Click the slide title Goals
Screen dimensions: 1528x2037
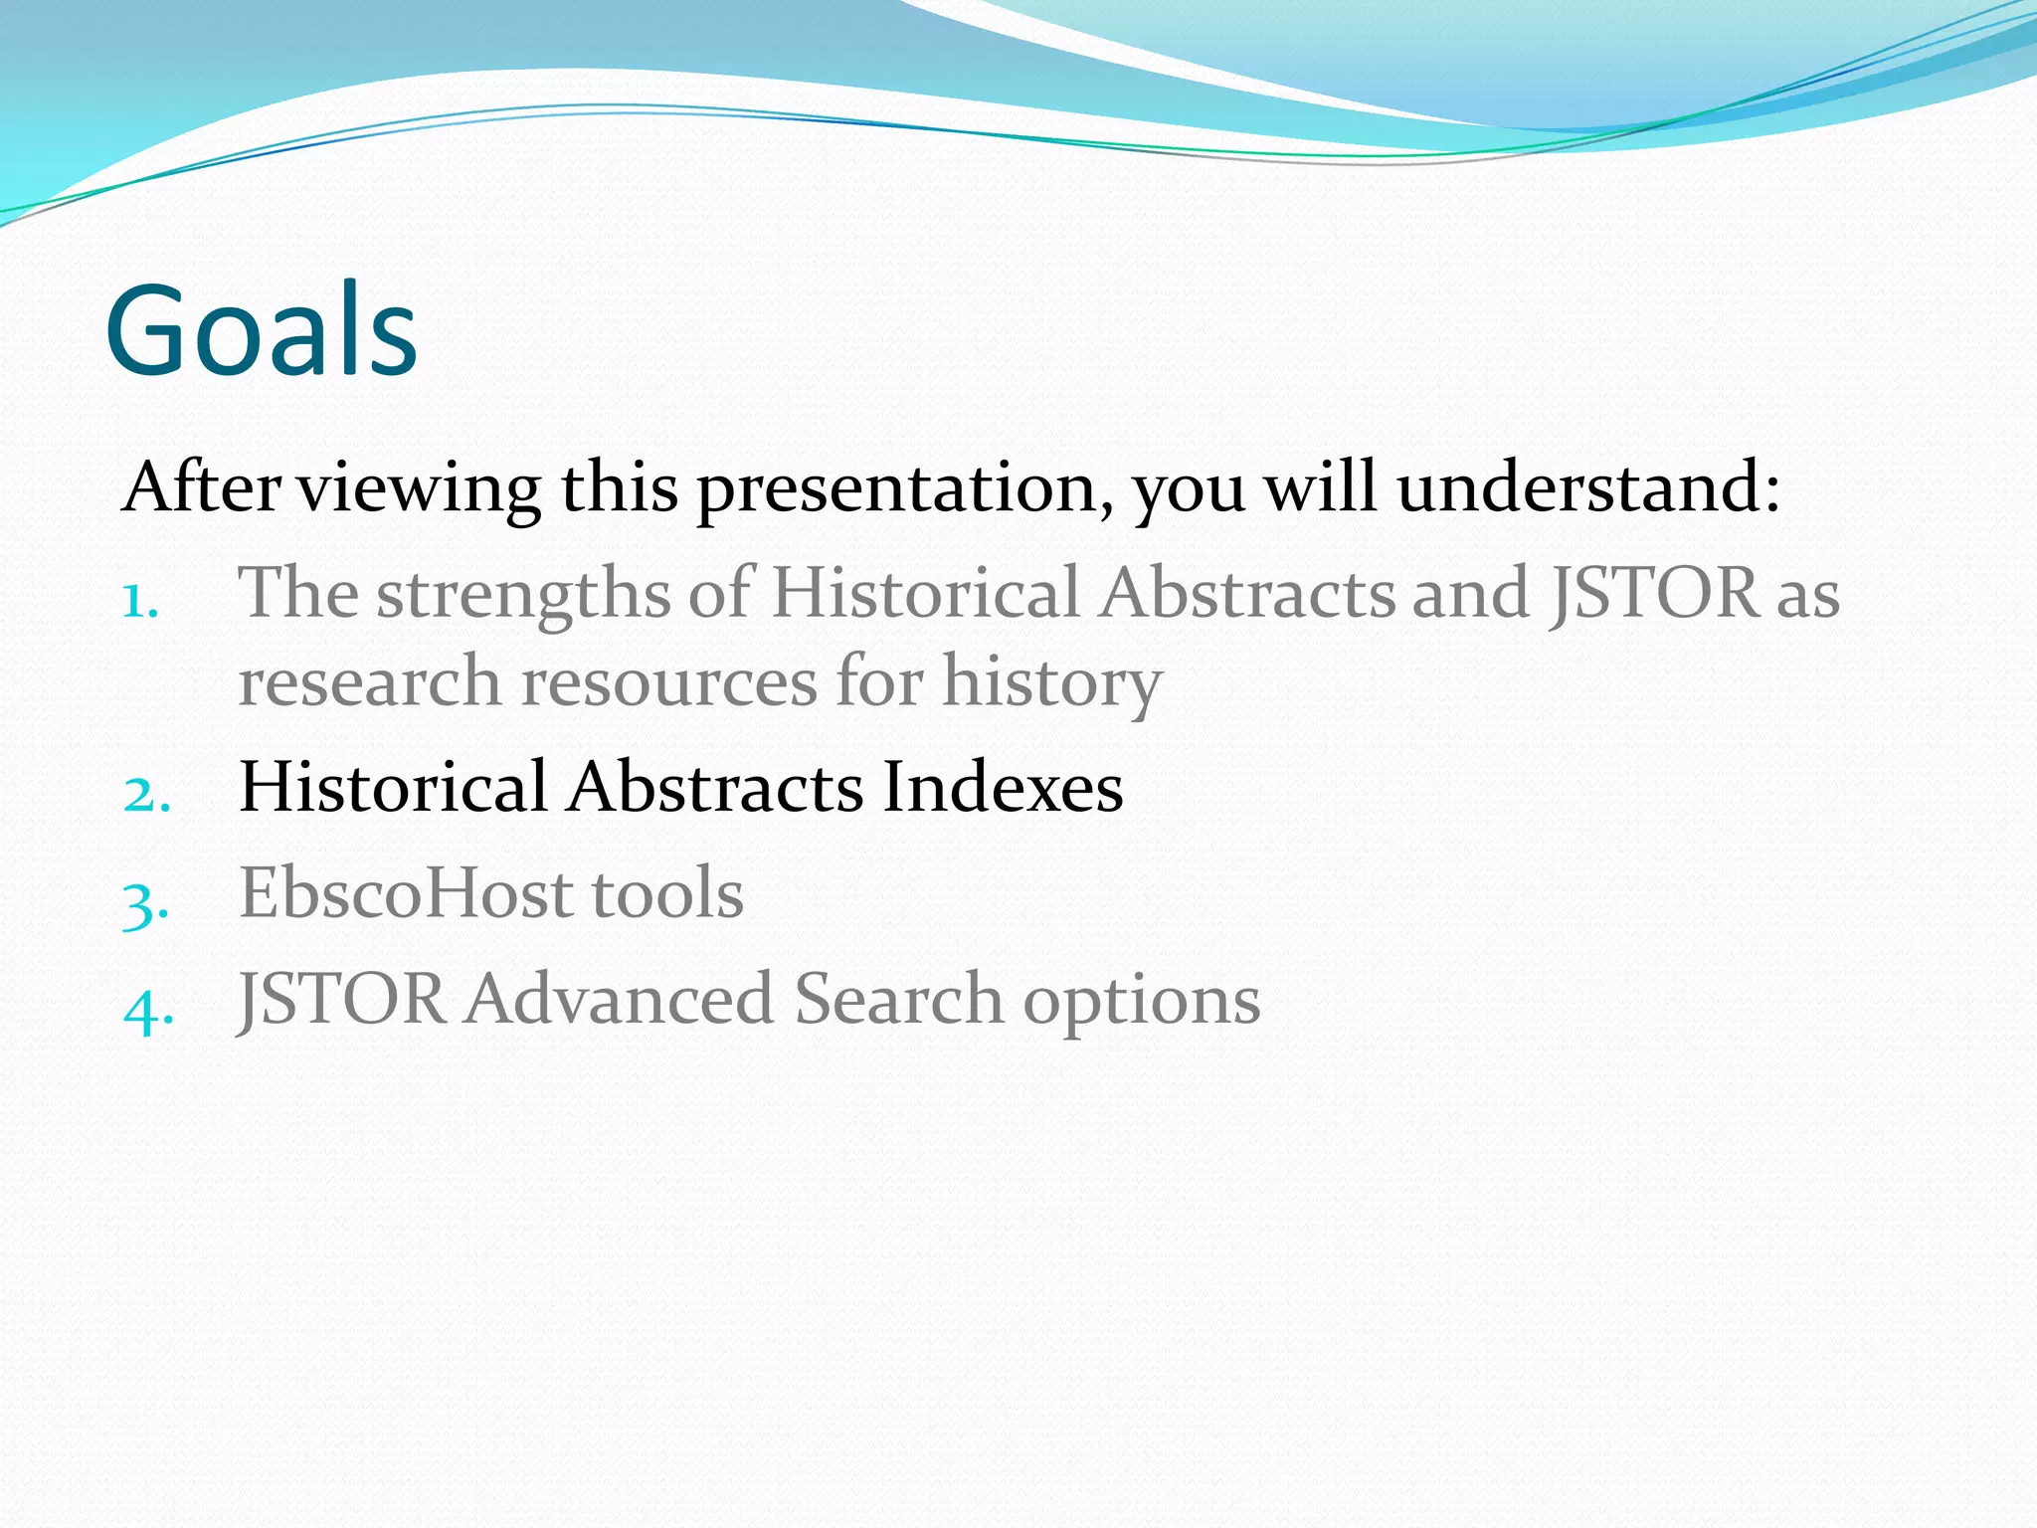click(261, 330)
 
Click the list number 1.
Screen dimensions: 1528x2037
click(140, 601)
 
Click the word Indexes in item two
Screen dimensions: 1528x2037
click(1003, 787)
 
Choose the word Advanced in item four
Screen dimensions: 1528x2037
click(620, 999)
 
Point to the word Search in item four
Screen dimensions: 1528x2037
click(898, 999)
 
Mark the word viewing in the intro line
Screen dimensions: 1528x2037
click(420, 489)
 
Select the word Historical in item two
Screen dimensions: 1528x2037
click(393, 787)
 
